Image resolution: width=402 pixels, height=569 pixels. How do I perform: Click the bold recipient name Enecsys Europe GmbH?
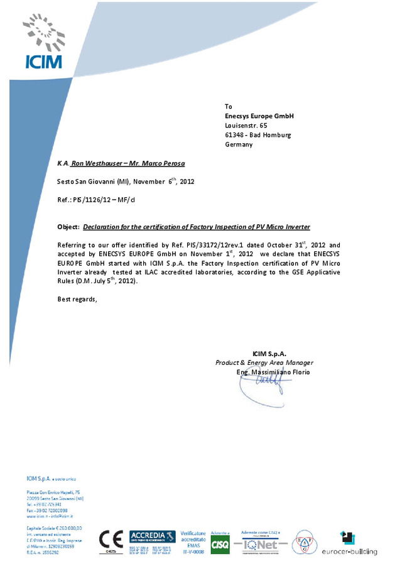[x=259, y=116]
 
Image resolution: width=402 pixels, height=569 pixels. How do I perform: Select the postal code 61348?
[x=234, y=135]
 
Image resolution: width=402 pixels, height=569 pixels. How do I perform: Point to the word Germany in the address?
[x=239, y=144]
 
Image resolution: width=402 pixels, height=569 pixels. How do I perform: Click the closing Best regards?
[x=77, y=299]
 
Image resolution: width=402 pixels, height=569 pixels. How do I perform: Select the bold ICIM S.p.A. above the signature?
[x=269, y=354]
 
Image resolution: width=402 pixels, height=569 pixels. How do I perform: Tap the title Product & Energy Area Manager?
[x=264, y=363]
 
